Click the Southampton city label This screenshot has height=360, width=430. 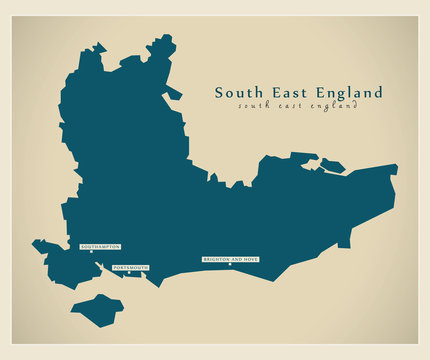click(100, 245)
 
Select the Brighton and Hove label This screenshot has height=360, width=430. click(230, 259)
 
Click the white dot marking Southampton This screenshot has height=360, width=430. click(91, 252)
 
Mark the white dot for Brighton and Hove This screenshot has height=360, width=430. click(230, 266)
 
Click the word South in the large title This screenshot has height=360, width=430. click(238, 93)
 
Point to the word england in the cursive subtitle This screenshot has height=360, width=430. click(331, 107)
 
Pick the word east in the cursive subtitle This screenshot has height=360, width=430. click(287, 107)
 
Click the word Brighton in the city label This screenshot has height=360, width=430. click(217, 259)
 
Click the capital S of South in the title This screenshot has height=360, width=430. click(220, 93)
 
